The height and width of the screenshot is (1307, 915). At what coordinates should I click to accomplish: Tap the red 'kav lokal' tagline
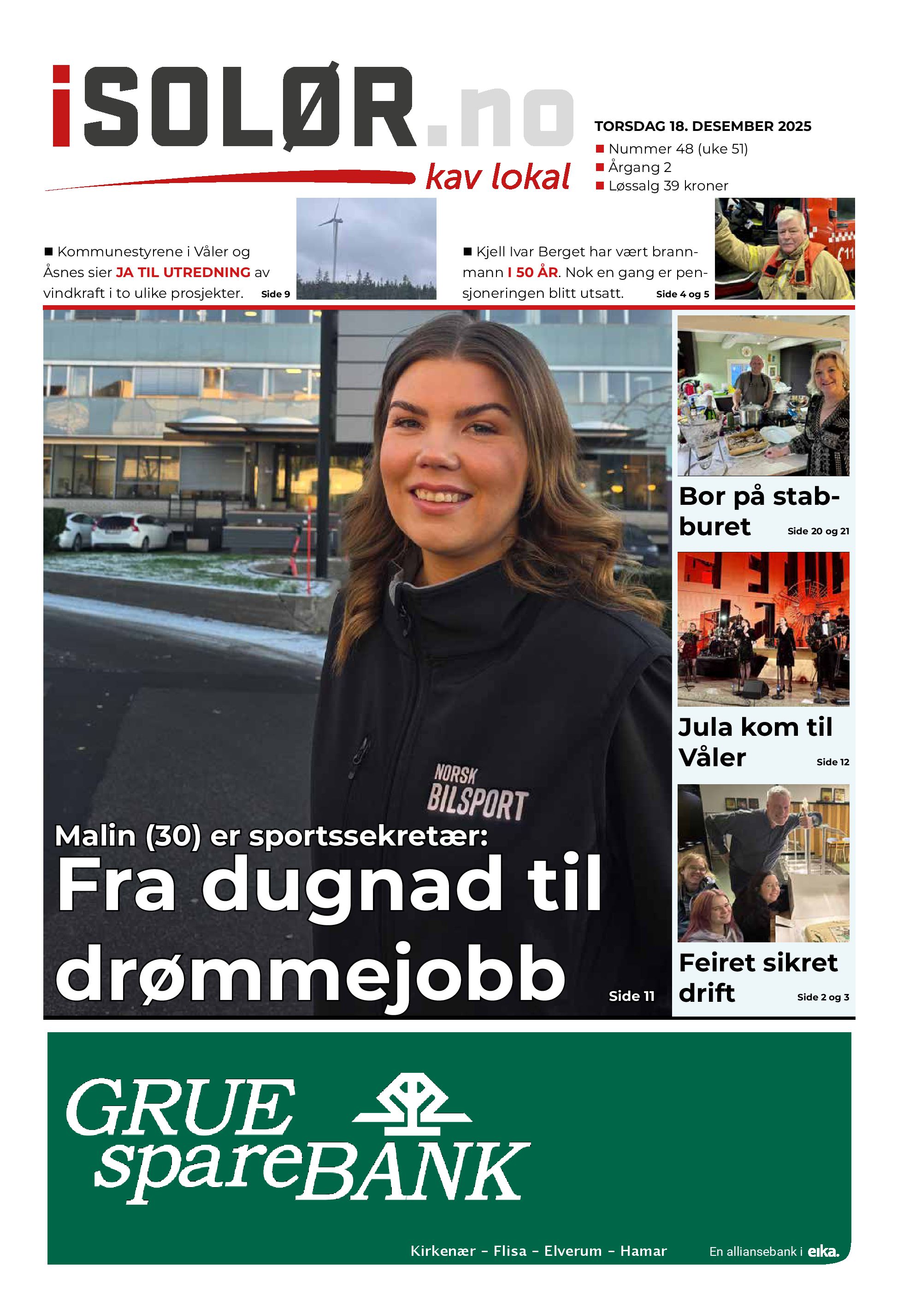click(x=498, y=177)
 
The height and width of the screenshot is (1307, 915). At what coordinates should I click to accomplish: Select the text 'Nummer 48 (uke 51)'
click(x=678, y=149)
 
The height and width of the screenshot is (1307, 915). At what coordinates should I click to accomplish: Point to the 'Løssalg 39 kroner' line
click(x=668, y=186)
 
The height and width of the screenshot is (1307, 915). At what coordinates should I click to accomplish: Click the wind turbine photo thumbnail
click(x=366, y=249)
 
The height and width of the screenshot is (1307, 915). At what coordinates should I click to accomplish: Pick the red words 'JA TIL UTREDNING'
click(x=183, y=272)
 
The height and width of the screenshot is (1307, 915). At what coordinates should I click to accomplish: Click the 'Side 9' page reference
click(x=275, y=294)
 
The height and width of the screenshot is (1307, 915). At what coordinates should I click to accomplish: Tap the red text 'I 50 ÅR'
click(x=532, y=272)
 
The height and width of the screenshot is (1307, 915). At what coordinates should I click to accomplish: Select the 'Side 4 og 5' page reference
click(x=682, y=294)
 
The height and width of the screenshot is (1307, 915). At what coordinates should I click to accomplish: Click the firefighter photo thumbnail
click(x=784, y=249)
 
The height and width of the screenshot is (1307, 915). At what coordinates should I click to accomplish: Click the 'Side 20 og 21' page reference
click(x=818, y=531)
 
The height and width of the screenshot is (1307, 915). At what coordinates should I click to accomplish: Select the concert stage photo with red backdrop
click(x=762, y=629)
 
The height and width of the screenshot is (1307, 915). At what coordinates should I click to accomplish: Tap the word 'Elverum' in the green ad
click(x=573, y=1251)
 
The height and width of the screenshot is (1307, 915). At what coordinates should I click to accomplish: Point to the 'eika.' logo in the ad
click(x=823, y=1251)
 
